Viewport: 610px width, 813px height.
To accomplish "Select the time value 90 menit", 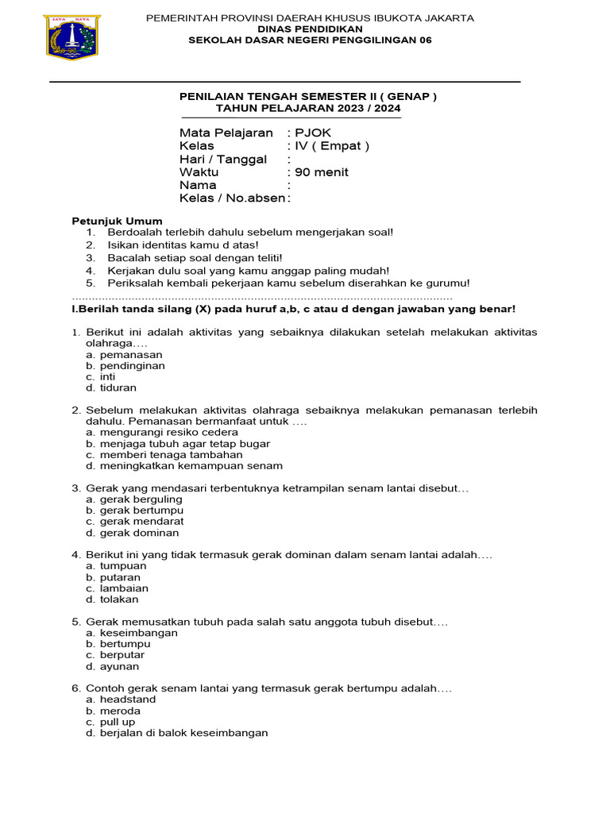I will (321, 171).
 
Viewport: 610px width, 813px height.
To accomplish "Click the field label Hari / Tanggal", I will (223, 159).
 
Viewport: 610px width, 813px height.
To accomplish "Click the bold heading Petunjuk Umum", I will (118, 221).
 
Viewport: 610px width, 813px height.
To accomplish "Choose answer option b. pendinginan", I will (125, 366).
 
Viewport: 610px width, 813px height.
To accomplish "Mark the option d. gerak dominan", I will (133, 533).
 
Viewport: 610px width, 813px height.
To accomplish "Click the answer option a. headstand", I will (121, 699).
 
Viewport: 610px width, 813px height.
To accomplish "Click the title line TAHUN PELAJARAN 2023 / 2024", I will (308, 109).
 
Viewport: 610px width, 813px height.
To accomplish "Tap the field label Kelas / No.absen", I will (232, 198).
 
